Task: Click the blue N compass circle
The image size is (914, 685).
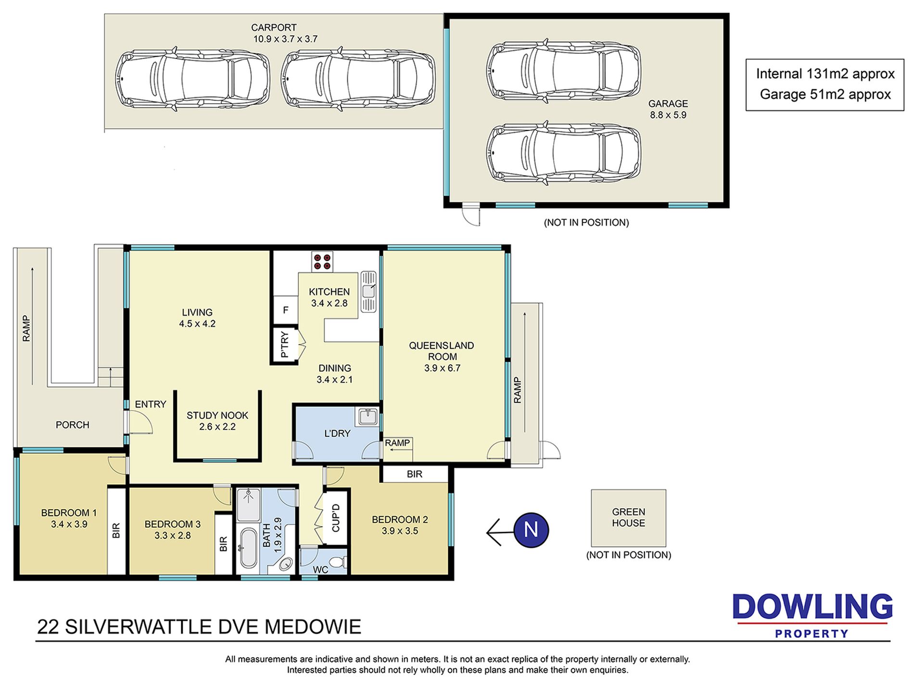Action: click(x=531, y=530)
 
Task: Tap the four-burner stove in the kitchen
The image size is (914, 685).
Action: click(x=322, y=261)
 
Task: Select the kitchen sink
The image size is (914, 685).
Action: click(x=368, y=292)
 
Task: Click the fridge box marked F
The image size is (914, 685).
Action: click(x=285, y=310)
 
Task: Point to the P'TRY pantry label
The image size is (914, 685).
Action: click(x=284, y=345)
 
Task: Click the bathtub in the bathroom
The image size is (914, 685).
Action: click(x=249, y=548)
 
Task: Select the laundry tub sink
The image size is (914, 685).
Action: click(x=368, y=417)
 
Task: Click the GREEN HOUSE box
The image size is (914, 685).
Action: click(x=628, y=518)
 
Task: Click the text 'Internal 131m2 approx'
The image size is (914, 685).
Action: click(x=825, y=74)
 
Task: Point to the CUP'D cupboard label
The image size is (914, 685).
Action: click(x=336, y=518)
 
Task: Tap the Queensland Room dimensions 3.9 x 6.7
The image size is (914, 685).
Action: click(x=442, y=368)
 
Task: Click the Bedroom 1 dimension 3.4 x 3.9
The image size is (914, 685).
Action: click(x=69, y=524)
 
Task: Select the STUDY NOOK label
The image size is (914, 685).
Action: click(x=217, y=415)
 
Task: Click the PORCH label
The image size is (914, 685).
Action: click(x=73, y=425)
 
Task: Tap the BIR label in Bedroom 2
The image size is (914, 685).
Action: click(x=415, y=474)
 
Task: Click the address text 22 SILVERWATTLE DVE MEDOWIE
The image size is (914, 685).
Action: click(x=199, y=627)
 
